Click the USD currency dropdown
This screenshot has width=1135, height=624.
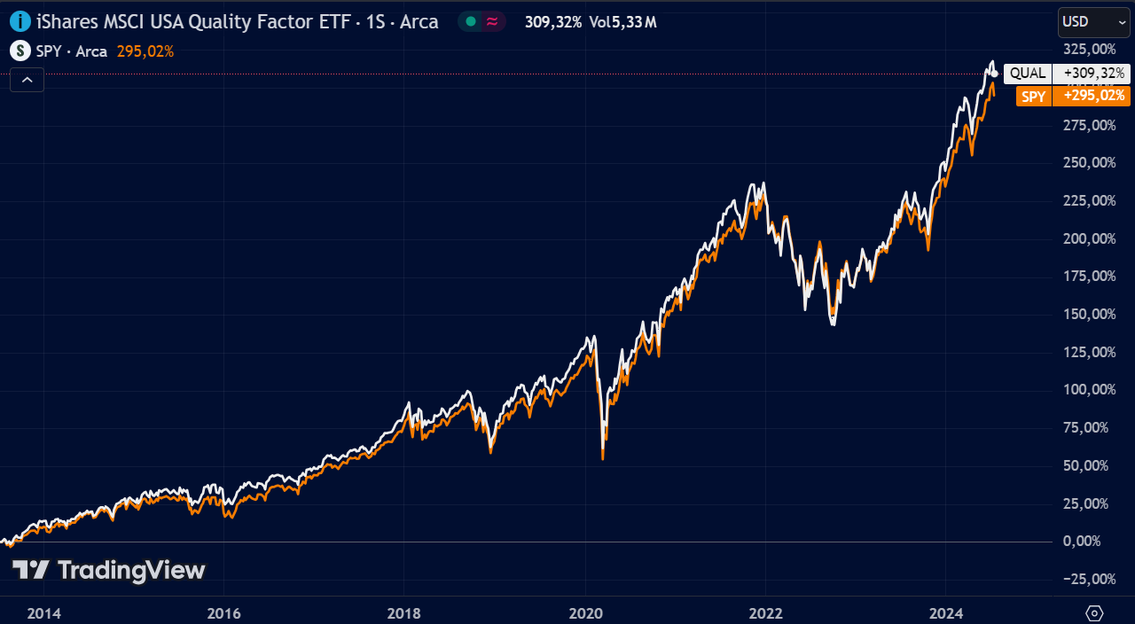(x=1093, y=22)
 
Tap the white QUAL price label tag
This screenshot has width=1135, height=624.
(x=1028, y=74)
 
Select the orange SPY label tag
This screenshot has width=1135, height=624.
(x=1034, y=97)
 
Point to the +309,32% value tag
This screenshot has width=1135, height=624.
(x=1092, y=74)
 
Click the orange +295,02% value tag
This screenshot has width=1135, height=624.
(x=1092, y=97)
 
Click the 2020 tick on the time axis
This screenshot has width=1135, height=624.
(x=586, y=614)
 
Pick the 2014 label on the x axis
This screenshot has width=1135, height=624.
(x=44, y=614)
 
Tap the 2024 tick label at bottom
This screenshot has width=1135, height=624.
(x=946, y=614)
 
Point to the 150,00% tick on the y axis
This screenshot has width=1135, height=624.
(x=1090, y=315)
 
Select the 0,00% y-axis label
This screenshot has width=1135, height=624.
(x=1082, y=542)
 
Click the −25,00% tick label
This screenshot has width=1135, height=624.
(x=1088, y=579)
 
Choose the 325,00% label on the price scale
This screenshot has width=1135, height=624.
(x=1090, y=50)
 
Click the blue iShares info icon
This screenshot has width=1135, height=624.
(x=20, y=22)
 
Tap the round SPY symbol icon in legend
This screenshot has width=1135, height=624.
(x=20, y=51)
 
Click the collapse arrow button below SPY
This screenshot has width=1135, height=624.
(x=27, y=80)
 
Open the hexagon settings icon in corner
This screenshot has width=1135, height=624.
(x=1094, y=612)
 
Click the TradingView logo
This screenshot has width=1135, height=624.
(x=109, y=571)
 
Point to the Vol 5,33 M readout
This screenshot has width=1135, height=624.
(x=622, y=22)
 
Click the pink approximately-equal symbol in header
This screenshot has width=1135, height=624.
(x=492, y=22)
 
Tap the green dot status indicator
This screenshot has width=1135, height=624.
(x=471, y=22)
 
